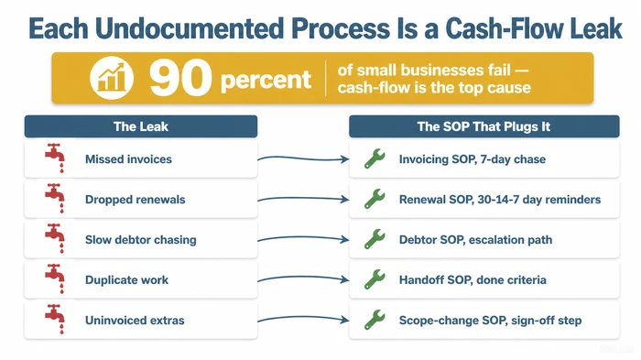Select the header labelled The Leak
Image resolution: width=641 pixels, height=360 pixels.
point(141,126)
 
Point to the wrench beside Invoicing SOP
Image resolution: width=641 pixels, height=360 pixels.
point(375,159)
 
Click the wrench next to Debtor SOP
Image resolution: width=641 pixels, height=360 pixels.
point(375,240)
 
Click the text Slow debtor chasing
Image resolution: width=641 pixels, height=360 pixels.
point(140,240)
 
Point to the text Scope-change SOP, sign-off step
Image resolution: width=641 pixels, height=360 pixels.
point(490,321)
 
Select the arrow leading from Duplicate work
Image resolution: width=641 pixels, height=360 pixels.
point(303,280)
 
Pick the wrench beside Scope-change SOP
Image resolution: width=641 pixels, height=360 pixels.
point(375,320)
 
